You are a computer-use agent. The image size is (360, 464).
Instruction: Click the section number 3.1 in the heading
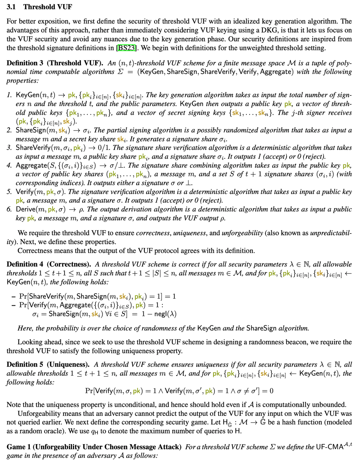(x=11, y=7)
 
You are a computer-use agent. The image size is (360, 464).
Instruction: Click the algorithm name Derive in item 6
(x=25, y=209)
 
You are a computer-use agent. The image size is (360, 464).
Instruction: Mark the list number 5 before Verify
(x=9, y=192)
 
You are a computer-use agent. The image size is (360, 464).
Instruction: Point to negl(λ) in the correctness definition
(x=165, y=314)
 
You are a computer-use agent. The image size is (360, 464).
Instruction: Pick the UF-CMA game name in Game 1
(x=331, y=447)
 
